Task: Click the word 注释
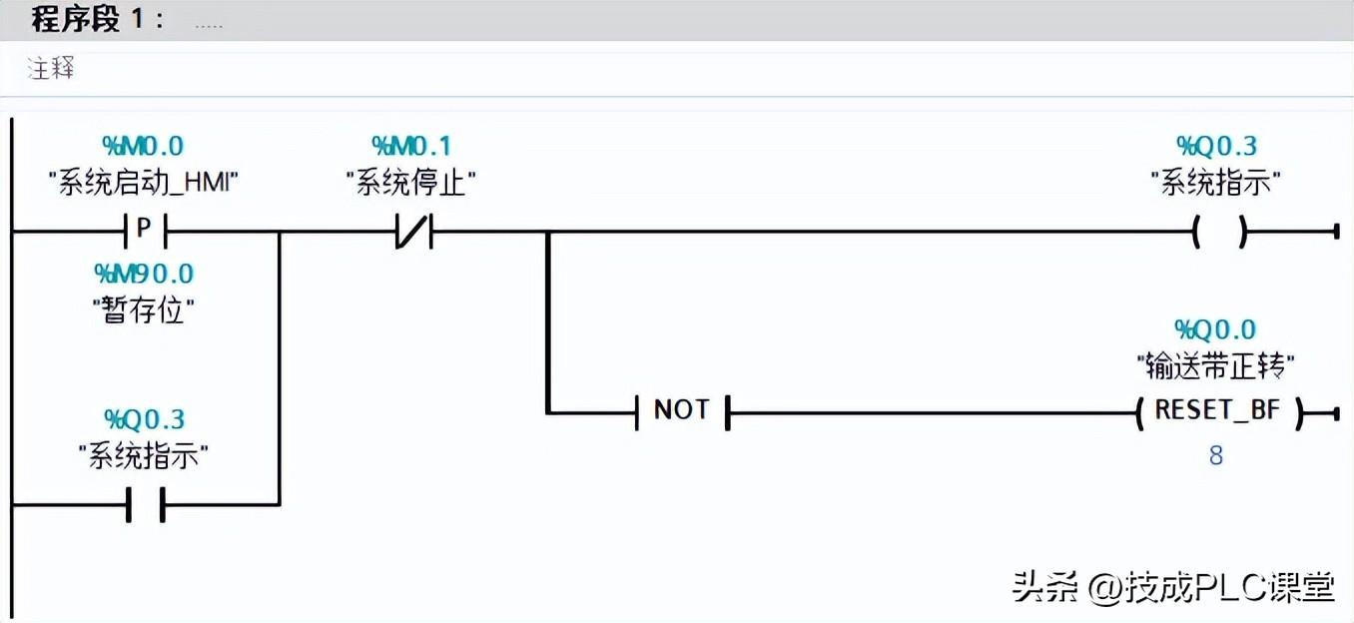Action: pyautogui.click(x=51, y=69)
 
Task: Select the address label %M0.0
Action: pyautogui.click(x=144, y=146)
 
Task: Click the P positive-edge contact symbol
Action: pyautogui.click(x=144, y=231)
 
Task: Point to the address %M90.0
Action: pyautogui.click(x=144, y=273)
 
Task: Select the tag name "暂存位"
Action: pyautogui.click(x=144, y=311)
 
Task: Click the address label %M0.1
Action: pyautogui.click(x=411, y=146)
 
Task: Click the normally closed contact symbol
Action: pyautogui.click(x=411, y=233)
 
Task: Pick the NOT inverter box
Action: pyautogui.click(x=682, y=410)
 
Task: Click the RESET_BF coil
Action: pyautogui.click(x=1218, y=410)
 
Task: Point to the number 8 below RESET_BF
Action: pyautogui.click(x=1216, y=455)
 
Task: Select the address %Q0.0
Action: pyautogui.click(x=1215, y=329)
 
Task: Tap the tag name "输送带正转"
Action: pyautogui.click(x=1215, y=366)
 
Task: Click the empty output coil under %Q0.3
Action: pyautogui.click(x=1218, y=233)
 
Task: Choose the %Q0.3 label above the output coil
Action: pyautogui.click(x=1216, y=146)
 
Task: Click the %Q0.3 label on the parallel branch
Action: pyautogui.click(x=144, y=418)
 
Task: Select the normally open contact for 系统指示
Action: pyautogui.click(x=144, y=505)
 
